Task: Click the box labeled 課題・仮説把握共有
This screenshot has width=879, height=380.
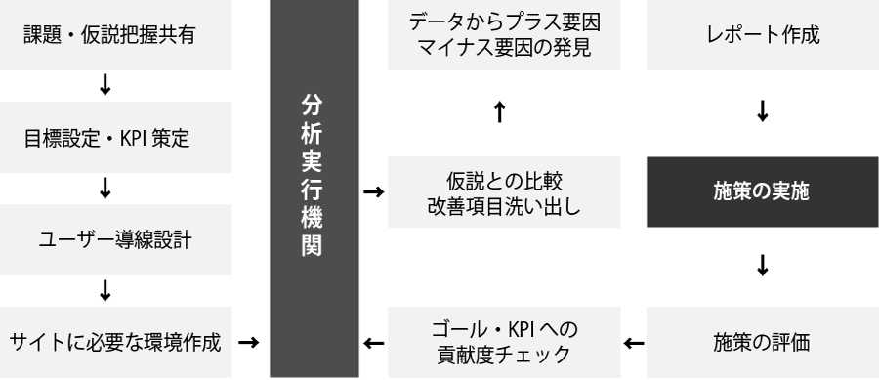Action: tap(116, 35)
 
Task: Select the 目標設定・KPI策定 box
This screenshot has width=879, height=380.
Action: tap(116, 138)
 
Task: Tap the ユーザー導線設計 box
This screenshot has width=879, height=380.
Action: tap(116, 240)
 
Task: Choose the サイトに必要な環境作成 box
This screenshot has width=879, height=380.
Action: tap(116, 343)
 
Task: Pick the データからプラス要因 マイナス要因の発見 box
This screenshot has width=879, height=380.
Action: tap(504, 35)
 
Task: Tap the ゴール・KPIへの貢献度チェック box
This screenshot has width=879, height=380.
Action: tap(504, 343)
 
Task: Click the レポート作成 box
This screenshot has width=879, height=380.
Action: tap(762, 35)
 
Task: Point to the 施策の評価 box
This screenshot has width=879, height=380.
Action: tap(762, 343)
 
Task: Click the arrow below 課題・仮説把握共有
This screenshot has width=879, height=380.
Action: tap(105, 87)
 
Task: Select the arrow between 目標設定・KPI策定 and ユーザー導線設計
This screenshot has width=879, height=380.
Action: tap(105, 190)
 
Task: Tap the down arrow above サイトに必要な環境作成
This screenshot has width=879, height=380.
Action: tap(105, 291)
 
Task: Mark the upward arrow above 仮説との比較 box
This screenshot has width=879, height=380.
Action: tap(499, 112)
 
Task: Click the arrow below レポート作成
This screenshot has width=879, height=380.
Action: tap(762, 112)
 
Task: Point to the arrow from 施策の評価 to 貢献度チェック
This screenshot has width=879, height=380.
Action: tap(634, 343)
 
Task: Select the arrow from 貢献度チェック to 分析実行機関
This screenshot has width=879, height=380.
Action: tap(372, 343)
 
